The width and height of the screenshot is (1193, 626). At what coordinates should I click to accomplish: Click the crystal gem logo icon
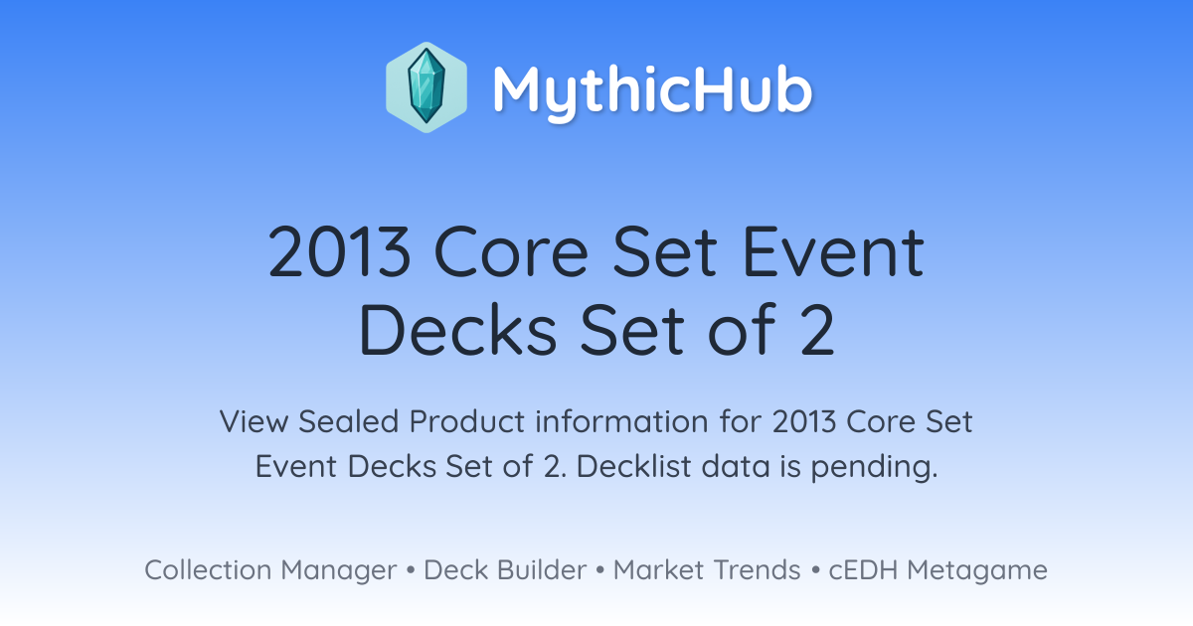(x=426, y=87)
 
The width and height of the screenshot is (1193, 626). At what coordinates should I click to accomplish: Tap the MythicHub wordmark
(x=652, y=90)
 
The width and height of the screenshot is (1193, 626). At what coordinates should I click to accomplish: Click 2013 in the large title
(x=340, y=251)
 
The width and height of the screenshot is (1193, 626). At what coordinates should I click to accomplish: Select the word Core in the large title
(x=511, y=251)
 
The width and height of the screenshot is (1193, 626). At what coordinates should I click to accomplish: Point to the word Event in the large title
(x=833, y=251)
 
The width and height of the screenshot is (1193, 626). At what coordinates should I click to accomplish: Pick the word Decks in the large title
(x=458, y=329)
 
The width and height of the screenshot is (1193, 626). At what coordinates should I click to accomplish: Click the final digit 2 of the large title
(x=817, y=329)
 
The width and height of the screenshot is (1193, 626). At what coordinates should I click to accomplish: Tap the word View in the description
(x=254, y=421)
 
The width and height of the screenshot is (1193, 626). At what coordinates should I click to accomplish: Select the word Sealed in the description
(x=348, y=421)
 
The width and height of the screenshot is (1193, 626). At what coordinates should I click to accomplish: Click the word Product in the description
(x=467, y=421)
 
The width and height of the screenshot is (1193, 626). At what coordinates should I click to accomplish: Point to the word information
(x=621, y=421)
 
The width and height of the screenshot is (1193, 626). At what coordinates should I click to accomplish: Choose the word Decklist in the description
(x=634, y=466)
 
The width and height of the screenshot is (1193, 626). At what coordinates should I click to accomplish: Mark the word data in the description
(x=736, y=466)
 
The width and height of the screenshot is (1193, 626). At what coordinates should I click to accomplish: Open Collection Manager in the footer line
(x=270, y=570)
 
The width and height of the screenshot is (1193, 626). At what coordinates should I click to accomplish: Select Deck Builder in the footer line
(x=505, y=570)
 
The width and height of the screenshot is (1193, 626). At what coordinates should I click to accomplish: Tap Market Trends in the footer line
(x=707, y=570)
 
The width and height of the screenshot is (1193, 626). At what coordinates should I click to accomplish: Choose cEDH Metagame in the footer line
(x=937, y=570)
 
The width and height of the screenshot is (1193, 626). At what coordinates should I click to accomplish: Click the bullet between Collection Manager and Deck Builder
(x=410, y=570)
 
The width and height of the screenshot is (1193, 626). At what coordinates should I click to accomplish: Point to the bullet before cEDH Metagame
(x=815, y=570)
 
